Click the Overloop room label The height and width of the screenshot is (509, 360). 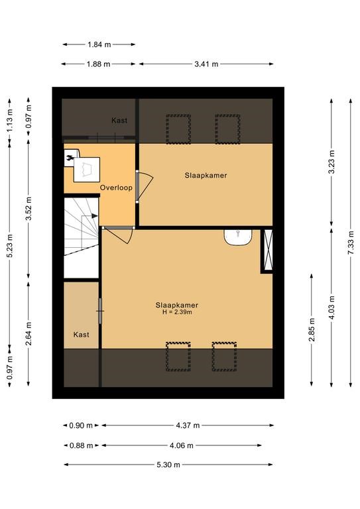[116, 188]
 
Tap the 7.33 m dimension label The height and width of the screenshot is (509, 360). [351, 243]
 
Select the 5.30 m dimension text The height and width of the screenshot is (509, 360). [168, 465]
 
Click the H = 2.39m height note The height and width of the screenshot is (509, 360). [177, 312]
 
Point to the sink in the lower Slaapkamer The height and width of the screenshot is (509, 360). [238, 237]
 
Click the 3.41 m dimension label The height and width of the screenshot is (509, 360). [206, 64]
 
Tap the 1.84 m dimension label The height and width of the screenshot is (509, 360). [99, 44]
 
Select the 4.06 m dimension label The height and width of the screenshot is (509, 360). [181, 445]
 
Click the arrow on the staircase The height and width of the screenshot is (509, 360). [90, 216]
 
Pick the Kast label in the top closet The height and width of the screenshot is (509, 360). [119, 121]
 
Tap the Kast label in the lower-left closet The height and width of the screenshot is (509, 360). [81, 335]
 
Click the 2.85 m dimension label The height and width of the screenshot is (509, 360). [312, 330]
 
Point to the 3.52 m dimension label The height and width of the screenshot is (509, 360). [29, 208]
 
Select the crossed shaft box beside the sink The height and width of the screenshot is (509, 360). [268, 250]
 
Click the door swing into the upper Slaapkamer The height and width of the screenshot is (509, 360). [145, 186]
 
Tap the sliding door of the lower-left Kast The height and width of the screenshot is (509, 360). [100, 311]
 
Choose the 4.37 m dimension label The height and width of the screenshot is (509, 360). [188, 425]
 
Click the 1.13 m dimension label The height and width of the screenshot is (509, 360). [10, 119]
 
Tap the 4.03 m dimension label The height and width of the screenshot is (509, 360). [331, 307]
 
